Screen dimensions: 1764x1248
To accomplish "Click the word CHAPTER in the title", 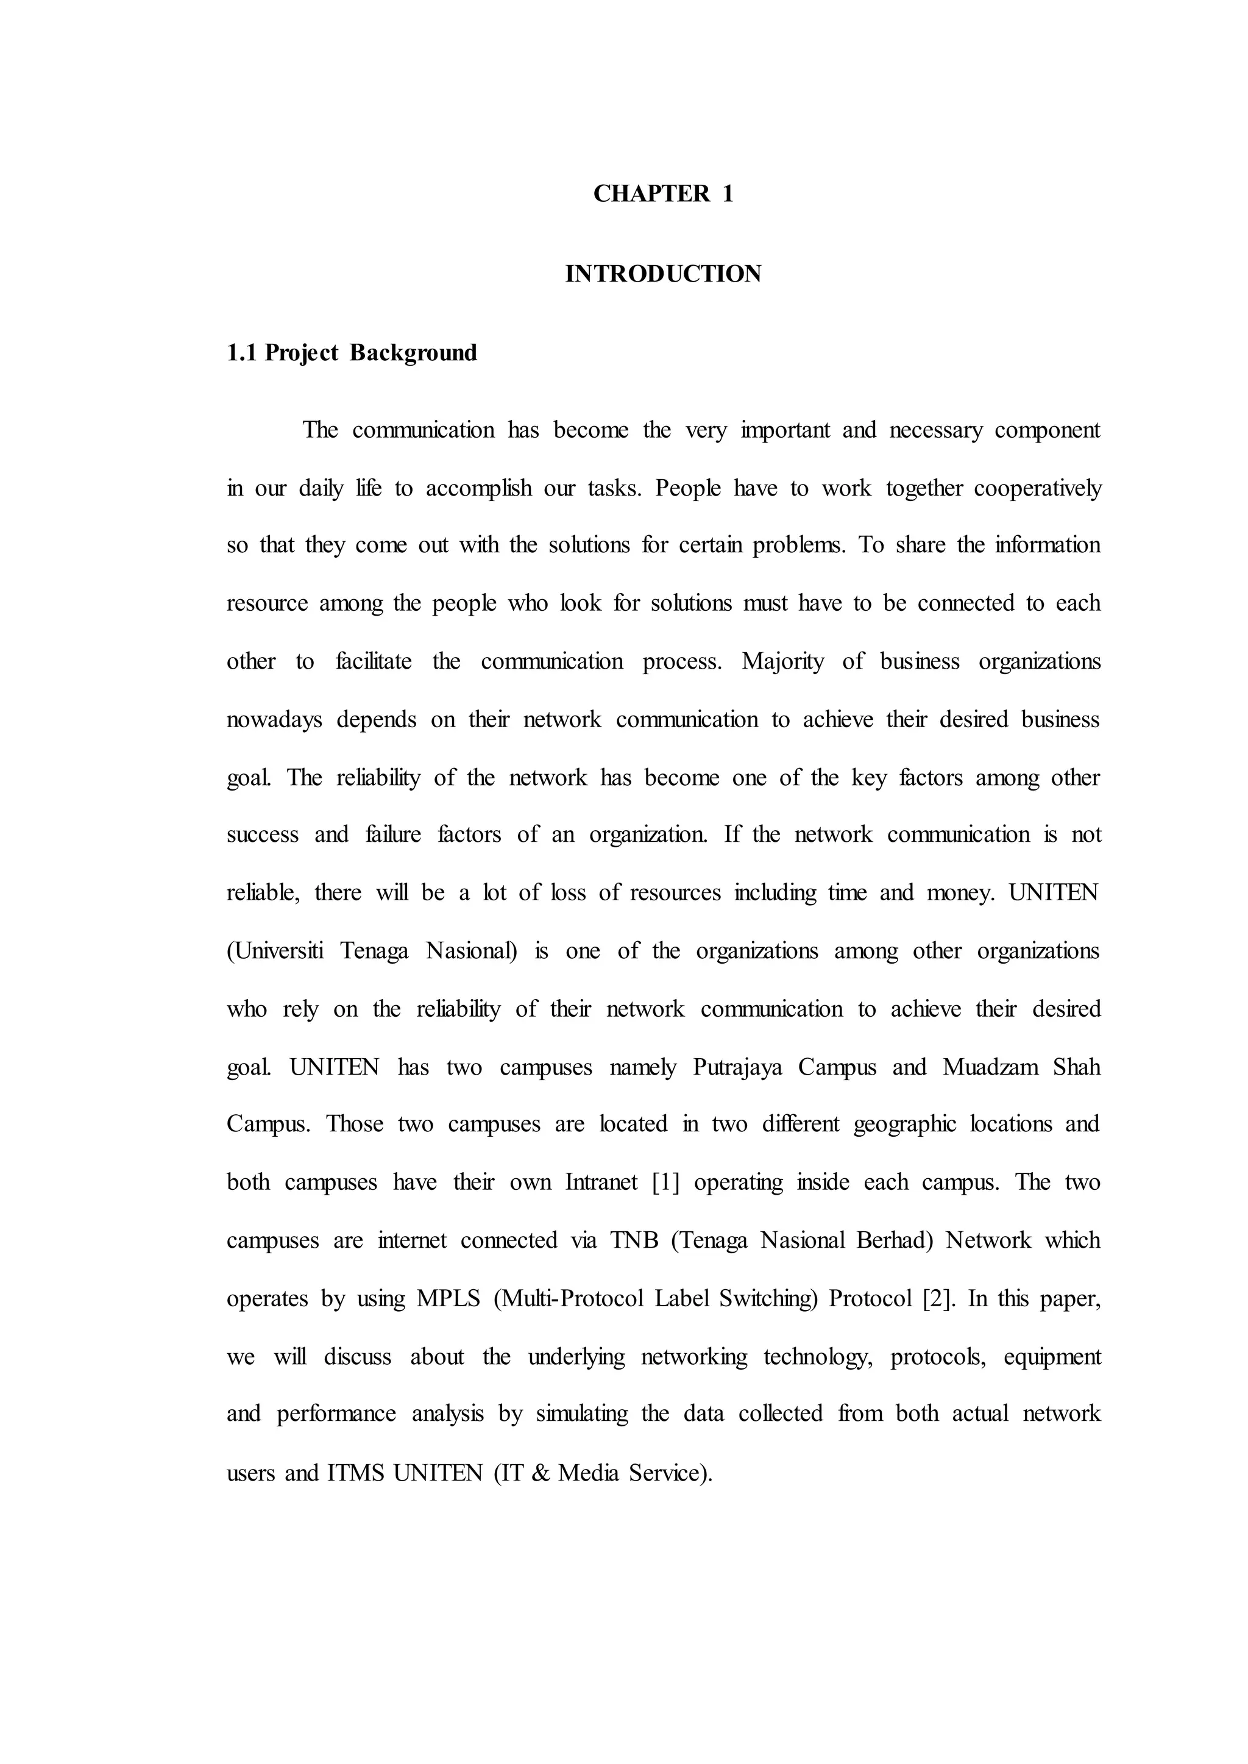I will click(651, 194).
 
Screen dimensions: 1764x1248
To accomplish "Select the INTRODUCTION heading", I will click(663, 274).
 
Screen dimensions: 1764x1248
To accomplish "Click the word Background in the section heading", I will click(413, 354).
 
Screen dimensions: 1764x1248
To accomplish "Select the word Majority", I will click(782, 662).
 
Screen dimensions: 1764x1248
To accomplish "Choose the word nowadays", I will click(274, 720).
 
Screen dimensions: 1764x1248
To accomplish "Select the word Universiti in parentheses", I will click(275, 951).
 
